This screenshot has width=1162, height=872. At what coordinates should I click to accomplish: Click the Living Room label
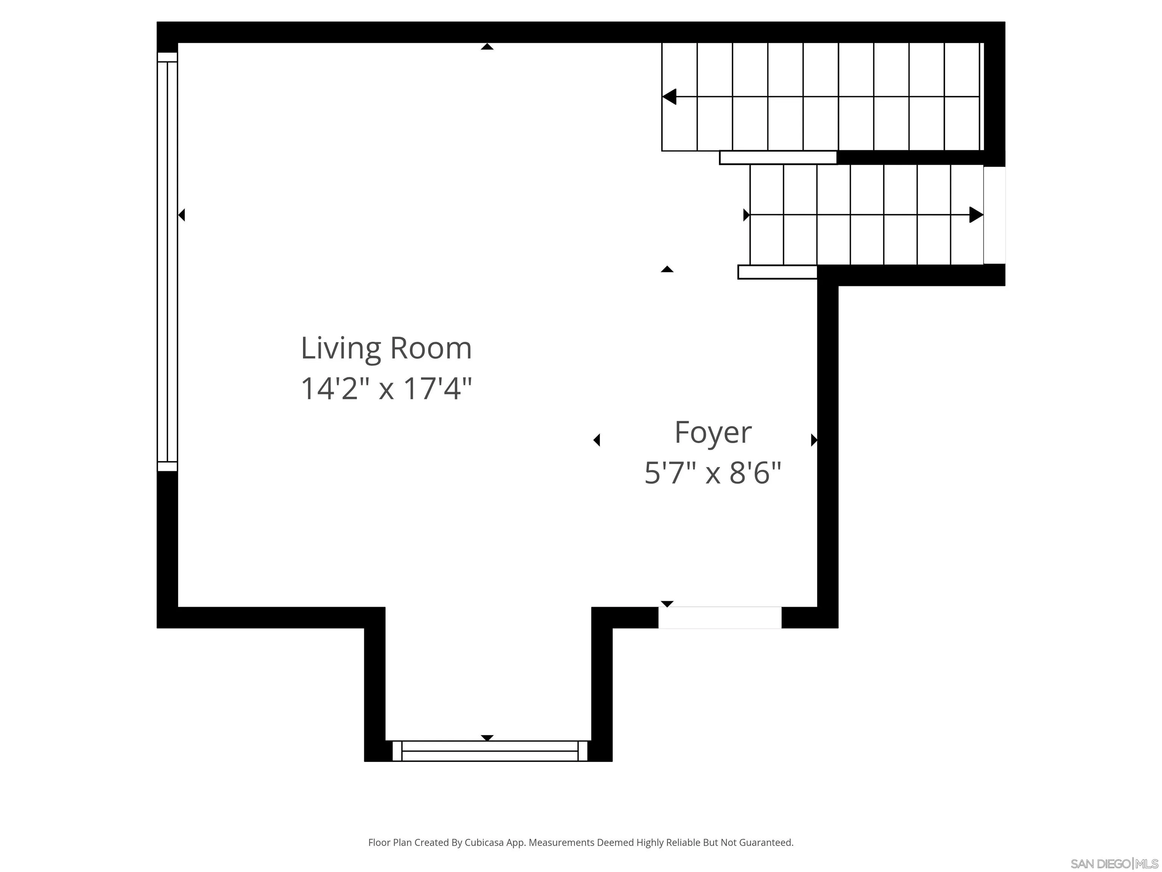[386, 349]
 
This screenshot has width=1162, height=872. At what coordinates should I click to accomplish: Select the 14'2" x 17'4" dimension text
[386, 389]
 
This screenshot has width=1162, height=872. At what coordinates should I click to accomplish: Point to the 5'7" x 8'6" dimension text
[713, 473]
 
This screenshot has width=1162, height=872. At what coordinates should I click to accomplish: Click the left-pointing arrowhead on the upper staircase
[669, 97]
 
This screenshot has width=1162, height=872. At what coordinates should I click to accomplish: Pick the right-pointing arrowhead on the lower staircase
[976, 215]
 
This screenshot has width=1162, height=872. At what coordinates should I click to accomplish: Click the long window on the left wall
[168, 261]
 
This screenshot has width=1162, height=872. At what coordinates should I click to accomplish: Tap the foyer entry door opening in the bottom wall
[720, 618]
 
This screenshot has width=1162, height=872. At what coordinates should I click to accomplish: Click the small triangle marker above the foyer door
[667, 604]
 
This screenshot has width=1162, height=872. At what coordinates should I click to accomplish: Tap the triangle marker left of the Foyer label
[597, 440]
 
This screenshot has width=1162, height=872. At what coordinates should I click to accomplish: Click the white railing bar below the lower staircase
[777, 272]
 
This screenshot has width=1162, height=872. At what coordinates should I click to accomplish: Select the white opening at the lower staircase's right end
[994, 215]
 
